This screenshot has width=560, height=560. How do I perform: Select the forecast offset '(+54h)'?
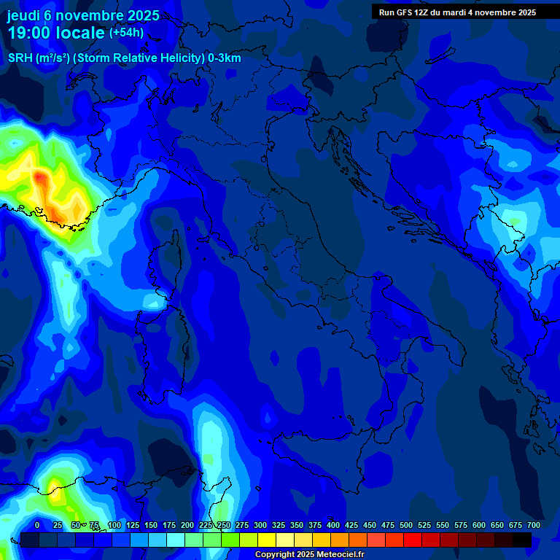tap(126, 33)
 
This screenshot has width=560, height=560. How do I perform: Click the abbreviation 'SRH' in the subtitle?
tap(20, 58)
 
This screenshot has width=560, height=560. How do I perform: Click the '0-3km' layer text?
tap(225, 58)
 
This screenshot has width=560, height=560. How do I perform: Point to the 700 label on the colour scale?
tap(533, 525)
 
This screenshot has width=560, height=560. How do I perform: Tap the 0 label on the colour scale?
tap(37, 525)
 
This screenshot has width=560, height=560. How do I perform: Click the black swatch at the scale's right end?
tap(522, 540)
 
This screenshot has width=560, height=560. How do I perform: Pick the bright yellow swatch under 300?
tap(267, 540)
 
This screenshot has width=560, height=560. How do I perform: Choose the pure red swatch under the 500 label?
tap(413, 540)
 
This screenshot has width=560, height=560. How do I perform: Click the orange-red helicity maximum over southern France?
tap(39, 176)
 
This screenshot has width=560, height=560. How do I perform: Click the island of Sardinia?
tap(162, 350)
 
